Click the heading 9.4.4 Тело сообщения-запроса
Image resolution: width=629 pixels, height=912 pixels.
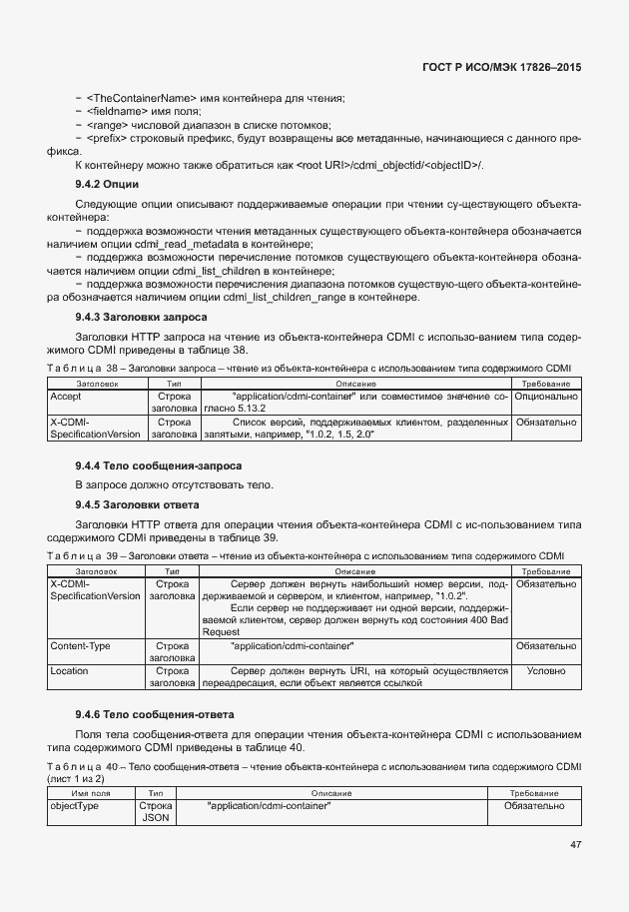pos(157,466)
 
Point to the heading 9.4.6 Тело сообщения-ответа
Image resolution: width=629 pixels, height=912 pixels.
pos(154,715)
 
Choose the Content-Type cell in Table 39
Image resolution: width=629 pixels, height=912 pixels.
pos(81,646)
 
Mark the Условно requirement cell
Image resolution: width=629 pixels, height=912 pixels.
pos(546,671)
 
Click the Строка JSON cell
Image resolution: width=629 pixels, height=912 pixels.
pos(156,811)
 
